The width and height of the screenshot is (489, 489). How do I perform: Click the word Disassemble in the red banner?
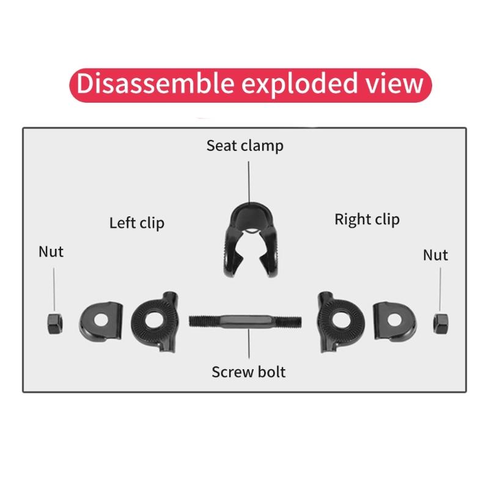click(x=155, y=83)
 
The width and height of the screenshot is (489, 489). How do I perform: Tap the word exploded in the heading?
click(x=300, y=84)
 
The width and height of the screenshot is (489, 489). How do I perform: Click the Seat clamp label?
click(x=245, y=146)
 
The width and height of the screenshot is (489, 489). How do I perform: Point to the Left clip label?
click(x=136, y=223)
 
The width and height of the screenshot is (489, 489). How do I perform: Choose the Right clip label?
click(x=367, y=219)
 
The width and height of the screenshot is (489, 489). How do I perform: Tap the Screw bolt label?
click(x=249, y=372)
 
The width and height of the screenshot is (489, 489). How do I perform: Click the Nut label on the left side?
click(x=51, y=252)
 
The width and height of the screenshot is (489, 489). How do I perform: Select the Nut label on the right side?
click(x=435, y=255)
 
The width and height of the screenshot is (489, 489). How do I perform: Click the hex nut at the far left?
click(x=55, y=324)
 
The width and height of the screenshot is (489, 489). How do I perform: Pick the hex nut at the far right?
click(x=441, y=324)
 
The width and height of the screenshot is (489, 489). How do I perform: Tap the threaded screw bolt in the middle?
click(x=245, y=322)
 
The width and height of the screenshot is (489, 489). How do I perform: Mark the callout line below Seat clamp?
click(x=249, y=182)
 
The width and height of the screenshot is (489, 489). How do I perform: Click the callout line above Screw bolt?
click(x=249, y=343)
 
